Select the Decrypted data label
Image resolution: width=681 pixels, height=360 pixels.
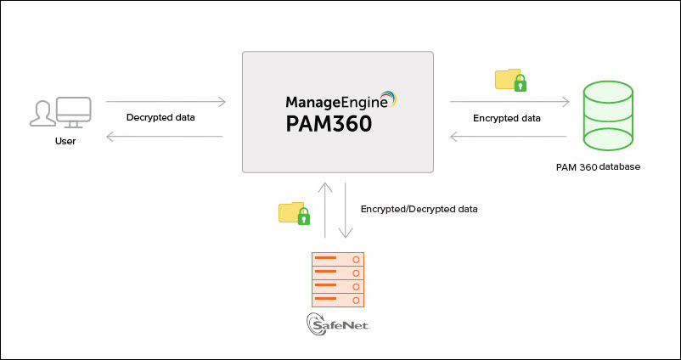click(160, 117)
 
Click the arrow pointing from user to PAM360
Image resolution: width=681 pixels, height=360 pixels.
click(166, 103)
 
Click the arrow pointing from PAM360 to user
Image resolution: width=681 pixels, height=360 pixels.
click(166, 136)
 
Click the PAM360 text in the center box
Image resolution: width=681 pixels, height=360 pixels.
click(328, 125)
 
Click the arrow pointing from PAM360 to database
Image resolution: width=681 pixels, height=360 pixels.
click(509, 103)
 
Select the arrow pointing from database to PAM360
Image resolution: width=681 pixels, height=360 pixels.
click(509, 136)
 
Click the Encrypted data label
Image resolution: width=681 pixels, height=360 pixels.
click(507, 118)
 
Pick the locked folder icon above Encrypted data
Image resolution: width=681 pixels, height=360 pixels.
click(510, 81)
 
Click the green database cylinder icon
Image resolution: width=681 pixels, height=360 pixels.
click(607, 115)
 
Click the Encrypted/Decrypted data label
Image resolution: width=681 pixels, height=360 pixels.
click(419, 208)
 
